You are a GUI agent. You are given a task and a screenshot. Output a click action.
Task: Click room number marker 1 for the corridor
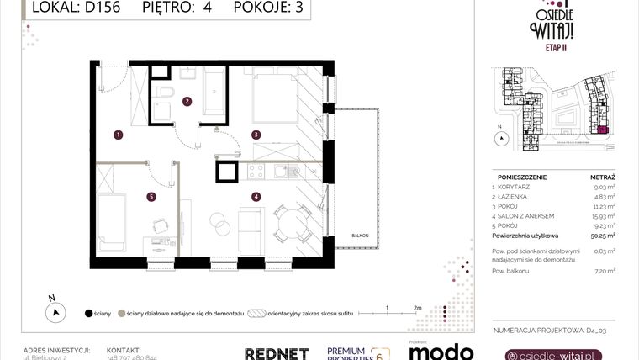pyautogui.click(x=119, y=134)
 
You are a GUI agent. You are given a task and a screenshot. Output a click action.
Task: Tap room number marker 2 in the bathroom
pyautogui.click(x=187, y=101)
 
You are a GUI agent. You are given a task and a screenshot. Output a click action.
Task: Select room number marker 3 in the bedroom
pyautogui.click(x=256, y=134)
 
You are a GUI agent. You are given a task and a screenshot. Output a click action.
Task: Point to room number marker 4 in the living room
pyautogui.click(x=256, y=198)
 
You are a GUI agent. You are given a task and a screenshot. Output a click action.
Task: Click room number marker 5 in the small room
pyautogui.click(x=151, y=198)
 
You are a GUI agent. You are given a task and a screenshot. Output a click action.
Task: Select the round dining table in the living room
pyautogui.click(x=287, y=224)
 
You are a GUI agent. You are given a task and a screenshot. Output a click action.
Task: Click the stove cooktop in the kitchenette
pyautogui.click(x=255, y=172)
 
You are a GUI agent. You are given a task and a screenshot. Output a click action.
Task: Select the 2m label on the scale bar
pyautogui.click(x=418, y=307)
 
